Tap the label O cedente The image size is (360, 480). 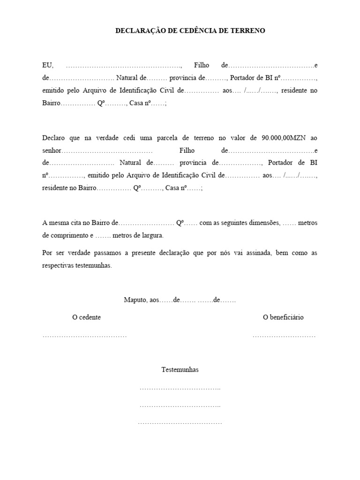coord(86,317)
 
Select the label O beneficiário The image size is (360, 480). coord(283,317)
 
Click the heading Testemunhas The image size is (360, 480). coord(180,370)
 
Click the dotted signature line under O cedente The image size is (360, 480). coord(84,336)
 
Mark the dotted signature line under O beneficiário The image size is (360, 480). coord(284,336)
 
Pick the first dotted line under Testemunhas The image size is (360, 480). coord(180,389)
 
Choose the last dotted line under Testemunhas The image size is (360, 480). coord(180,423)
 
